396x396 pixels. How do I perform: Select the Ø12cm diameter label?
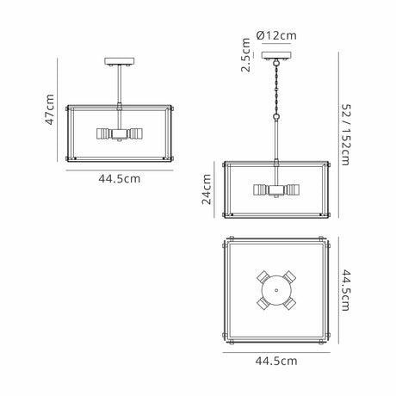click(276, 35)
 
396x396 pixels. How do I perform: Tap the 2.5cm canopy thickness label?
click(245, 55)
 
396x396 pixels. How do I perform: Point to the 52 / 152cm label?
click(345, 135)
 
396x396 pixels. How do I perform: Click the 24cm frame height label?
click(207, 189)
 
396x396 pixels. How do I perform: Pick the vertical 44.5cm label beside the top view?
click(345, 290)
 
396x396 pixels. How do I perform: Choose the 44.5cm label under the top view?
click(276, 361)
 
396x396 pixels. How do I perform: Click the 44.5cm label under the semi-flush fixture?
click(120, 179)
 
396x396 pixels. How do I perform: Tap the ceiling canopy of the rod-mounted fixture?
click(120, 61)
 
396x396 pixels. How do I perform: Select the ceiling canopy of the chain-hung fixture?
click(276, 55)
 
